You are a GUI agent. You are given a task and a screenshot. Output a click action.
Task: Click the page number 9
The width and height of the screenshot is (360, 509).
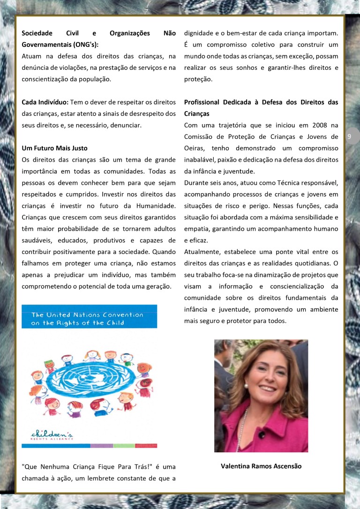point(349,136)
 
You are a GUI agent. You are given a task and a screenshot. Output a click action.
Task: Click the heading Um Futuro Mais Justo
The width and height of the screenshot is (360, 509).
point(54,148)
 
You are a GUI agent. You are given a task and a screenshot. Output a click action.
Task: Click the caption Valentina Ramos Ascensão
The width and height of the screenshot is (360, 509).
point(261,466)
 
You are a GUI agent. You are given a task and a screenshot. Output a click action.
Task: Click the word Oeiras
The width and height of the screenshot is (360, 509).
point(195,148)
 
